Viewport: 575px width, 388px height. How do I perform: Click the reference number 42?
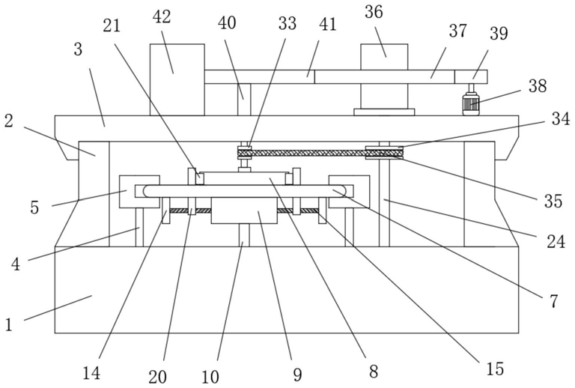point(162,17)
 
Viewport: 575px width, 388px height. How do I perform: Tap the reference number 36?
point(374,12)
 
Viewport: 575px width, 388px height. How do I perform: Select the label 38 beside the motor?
point(538,86)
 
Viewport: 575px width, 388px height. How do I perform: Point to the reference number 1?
point(9,324)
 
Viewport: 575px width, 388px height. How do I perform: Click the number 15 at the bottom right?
point(495,369)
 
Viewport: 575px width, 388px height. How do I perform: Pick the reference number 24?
point(556,241)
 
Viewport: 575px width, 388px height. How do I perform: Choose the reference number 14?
point(91,373)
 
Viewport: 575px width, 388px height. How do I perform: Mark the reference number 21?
point(112,25)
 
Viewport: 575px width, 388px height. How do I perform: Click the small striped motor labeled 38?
point(471,103)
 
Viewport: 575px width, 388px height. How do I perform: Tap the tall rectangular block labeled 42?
point(177,80)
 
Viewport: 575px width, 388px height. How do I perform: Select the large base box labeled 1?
point(287,290)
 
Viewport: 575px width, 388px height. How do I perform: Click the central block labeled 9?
point(244,210)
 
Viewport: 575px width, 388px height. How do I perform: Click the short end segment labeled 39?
point(471,76)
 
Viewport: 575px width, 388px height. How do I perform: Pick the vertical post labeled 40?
point(244,100)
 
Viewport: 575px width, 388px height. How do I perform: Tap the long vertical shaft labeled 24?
point(384,201)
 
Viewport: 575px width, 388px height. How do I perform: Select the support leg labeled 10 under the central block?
point(244,234)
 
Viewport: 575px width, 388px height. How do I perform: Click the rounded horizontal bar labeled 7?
point(244,191)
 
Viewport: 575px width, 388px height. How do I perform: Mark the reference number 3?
point(78,49)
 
